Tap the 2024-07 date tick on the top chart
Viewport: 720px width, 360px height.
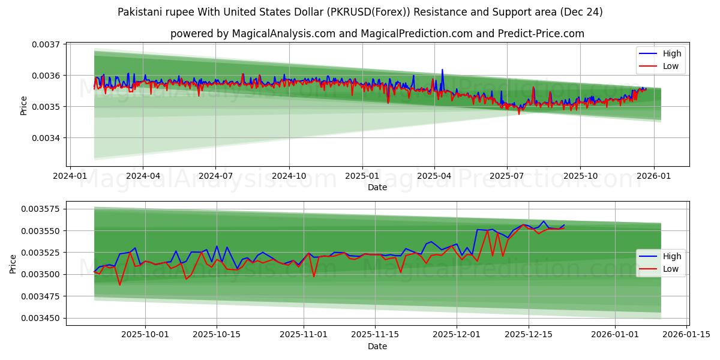pyautogui.click(x=215, y=176)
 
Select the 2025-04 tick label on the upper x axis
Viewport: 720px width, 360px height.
pyautogui.click(x=434, y=176)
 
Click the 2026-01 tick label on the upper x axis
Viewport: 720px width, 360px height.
pyautogui.click(x=653, y=176)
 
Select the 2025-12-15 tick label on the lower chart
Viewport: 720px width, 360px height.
pyautogui.click(x=529, y=335)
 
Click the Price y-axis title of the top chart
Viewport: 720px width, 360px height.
pyautogui.click(x=24, y=106)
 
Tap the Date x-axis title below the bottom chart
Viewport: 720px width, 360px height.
pyautogui.click(x=377, y=346)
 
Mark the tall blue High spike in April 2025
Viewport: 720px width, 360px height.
pyautogui.click(x=442, y=70)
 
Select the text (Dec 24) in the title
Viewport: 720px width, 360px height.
pyautogui.click(x=581, y=12)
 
